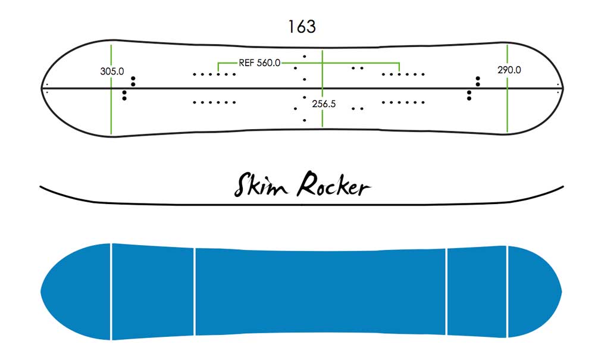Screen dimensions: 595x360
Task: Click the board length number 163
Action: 302,27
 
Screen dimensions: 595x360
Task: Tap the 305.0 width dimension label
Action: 112,71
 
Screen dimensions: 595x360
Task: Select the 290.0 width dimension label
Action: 509,70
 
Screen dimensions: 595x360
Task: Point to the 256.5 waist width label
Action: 324,104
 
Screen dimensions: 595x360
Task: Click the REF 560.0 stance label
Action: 259,63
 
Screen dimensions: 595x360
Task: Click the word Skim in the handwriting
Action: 261,184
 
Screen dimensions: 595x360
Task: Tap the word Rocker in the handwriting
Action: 334,184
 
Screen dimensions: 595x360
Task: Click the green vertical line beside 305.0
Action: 111,89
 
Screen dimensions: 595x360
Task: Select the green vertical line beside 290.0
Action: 507,89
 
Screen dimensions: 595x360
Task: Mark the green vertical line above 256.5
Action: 322,72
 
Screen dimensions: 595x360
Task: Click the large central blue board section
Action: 321,292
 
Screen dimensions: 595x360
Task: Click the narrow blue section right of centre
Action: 477,292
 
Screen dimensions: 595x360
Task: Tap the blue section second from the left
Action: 153,292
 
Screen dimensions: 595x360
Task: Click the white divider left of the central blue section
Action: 195,292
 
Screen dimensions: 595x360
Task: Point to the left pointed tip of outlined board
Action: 42,89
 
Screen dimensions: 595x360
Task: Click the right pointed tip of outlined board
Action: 563,89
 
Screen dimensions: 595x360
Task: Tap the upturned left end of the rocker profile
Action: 40,186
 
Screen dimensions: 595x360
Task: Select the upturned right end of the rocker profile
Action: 563,186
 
